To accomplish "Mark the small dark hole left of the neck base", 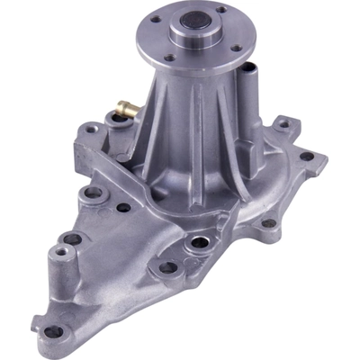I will tap(123, 208).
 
